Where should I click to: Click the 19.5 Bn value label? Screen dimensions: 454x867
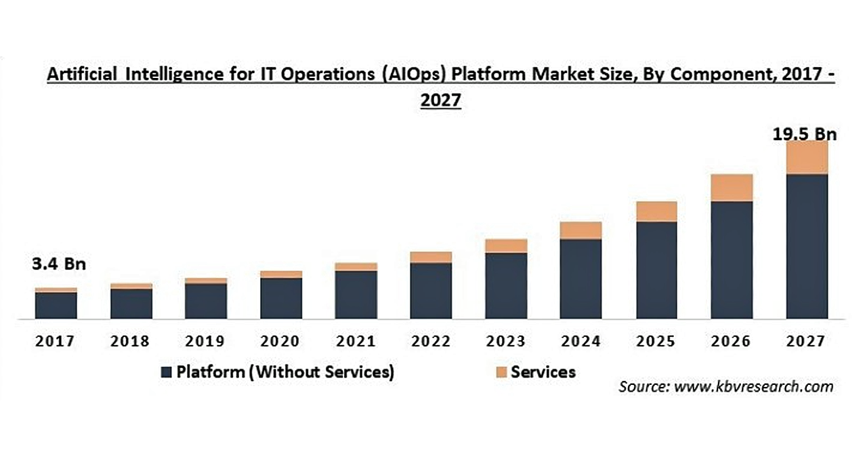pyautogui.click(x=805, y=134)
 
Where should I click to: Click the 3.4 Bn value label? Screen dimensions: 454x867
pyautogui.click(x=60, y=264)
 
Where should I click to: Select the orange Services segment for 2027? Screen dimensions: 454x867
pyautogui.click(x=807, y=158)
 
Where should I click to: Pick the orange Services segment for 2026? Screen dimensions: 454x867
pyautogui.click(x=732, y=188)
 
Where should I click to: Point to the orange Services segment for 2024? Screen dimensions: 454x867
pyautogui.click(x=581, y=230)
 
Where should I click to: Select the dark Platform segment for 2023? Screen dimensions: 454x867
pyautogui.click(x=506, y=285)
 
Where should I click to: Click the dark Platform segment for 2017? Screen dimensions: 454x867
pyautogui.click(x=56, y=305)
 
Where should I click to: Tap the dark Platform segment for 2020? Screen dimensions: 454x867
pyautogui.click(x=281, y=297)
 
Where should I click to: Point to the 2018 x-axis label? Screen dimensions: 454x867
pyautogui.click(x=131, y=341)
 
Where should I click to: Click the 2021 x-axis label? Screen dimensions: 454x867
pyautogui.click(x=356, y=341)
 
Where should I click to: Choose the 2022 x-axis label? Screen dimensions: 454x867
pyautogui.click(x=431, y=341)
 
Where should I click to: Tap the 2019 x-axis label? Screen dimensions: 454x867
pyautogui.click(x=206, y=341)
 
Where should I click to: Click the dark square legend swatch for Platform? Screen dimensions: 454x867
pyautogui.click(x=167, y=372)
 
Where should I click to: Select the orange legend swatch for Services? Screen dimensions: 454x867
pyautogui.click(x=501, y=372)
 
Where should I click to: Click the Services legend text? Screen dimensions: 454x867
pyautogui.click(x=543, y=371)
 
